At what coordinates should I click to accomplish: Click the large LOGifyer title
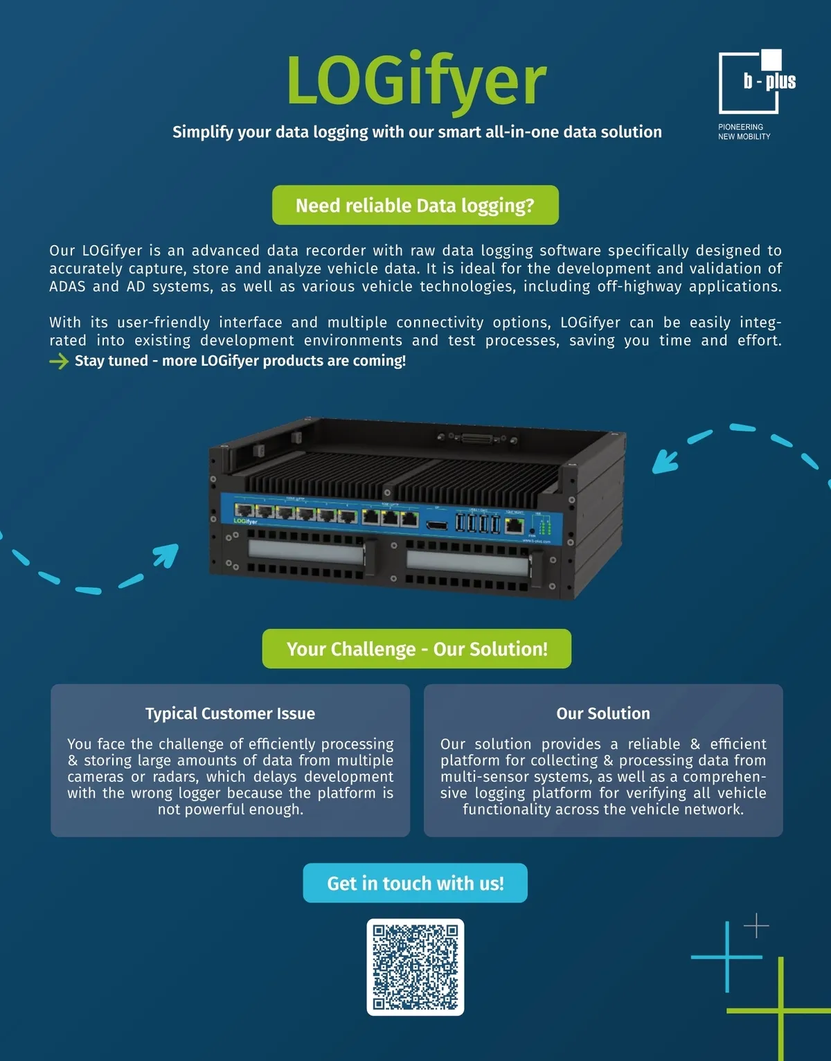pyautogui.click(x=416, y=82)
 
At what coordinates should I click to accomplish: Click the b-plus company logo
pyautogui.click(x=757, y=82)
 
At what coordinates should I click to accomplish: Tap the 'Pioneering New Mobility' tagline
pyautogui.click(x=744, y=132)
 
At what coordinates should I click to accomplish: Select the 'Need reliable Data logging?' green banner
pyautogui.click(x=415, y=205)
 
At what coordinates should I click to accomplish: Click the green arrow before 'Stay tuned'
pyautogui.click(x=59, y=361)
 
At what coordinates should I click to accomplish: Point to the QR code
pyautogui.click(x=415, y=967)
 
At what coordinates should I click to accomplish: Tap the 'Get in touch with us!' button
pyautogui.click(x=415, y=883)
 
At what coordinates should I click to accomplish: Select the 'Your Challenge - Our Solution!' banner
pyautogui.click(x=416, y=649)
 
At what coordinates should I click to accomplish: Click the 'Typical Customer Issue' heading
pyautogui.click(x=230, y=713)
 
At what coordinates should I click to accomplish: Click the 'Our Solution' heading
pyautogui.click(x=603, y=713)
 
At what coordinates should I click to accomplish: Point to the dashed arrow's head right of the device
pyautogui.click(x=663, y=460)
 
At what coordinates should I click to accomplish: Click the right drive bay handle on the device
pyautogui.click(x=467, y=562)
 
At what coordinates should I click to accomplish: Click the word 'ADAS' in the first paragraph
pyautogui.click(x=67, y=287)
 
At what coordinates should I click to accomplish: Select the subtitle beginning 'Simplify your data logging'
pyautogui.click(x=417, y=132)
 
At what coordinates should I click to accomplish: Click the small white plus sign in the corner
pyautogui.click(x=756, y=925)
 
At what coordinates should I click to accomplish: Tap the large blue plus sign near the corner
pyautogui.click(x=727, y=957)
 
